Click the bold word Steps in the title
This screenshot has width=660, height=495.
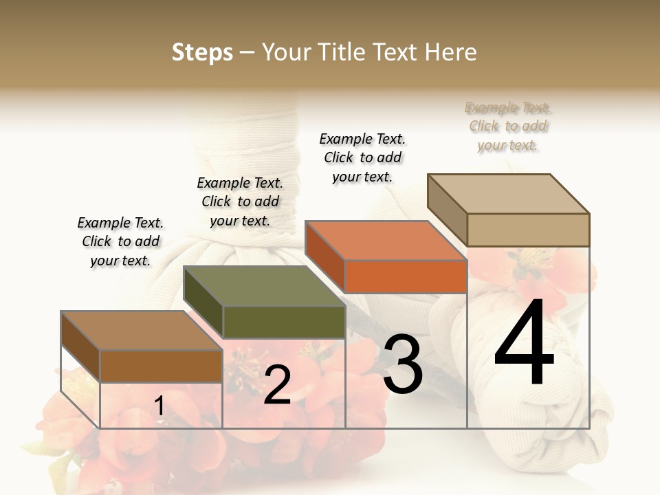pyautogui.click(x=202, y=52)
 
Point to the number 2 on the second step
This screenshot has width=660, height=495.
pyautogui.click(x=277, y=385)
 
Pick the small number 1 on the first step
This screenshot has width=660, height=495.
pyautogui.click(x=159, y=406)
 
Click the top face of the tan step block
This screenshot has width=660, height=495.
pyautogui.click(x=509, y=193)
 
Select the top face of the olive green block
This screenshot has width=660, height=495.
pyautogui.click(x=264, y=286)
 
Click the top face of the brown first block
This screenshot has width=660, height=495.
pyautogui.click(x=142, y=330)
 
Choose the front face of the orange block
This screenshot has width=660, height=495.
pyautogui.click(x=406, y=276)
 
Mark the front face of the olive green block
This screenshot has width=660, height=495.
pyautogui.click(x=284, y=322)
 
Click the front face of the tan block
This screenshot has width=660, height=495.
pyautogui.click(x=528, y=230)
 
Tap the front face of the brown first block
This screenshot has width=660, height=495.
pyautogui.click(x=161, y=366)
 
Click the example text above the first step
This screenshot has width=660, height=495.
pyautogui.click(x=120, y=241)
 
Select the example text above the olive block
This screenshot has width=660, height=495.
pyautogui.click(x=240, y=201)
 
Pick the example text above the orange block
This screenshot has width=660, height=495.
pyautogui.click(x=362, y=157)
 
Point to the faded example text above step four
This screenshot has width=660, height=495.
pyautogui.click(x=508, y=126)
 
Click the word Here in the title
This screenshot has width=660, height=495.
pyautogui.click(x=452, y=52)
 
